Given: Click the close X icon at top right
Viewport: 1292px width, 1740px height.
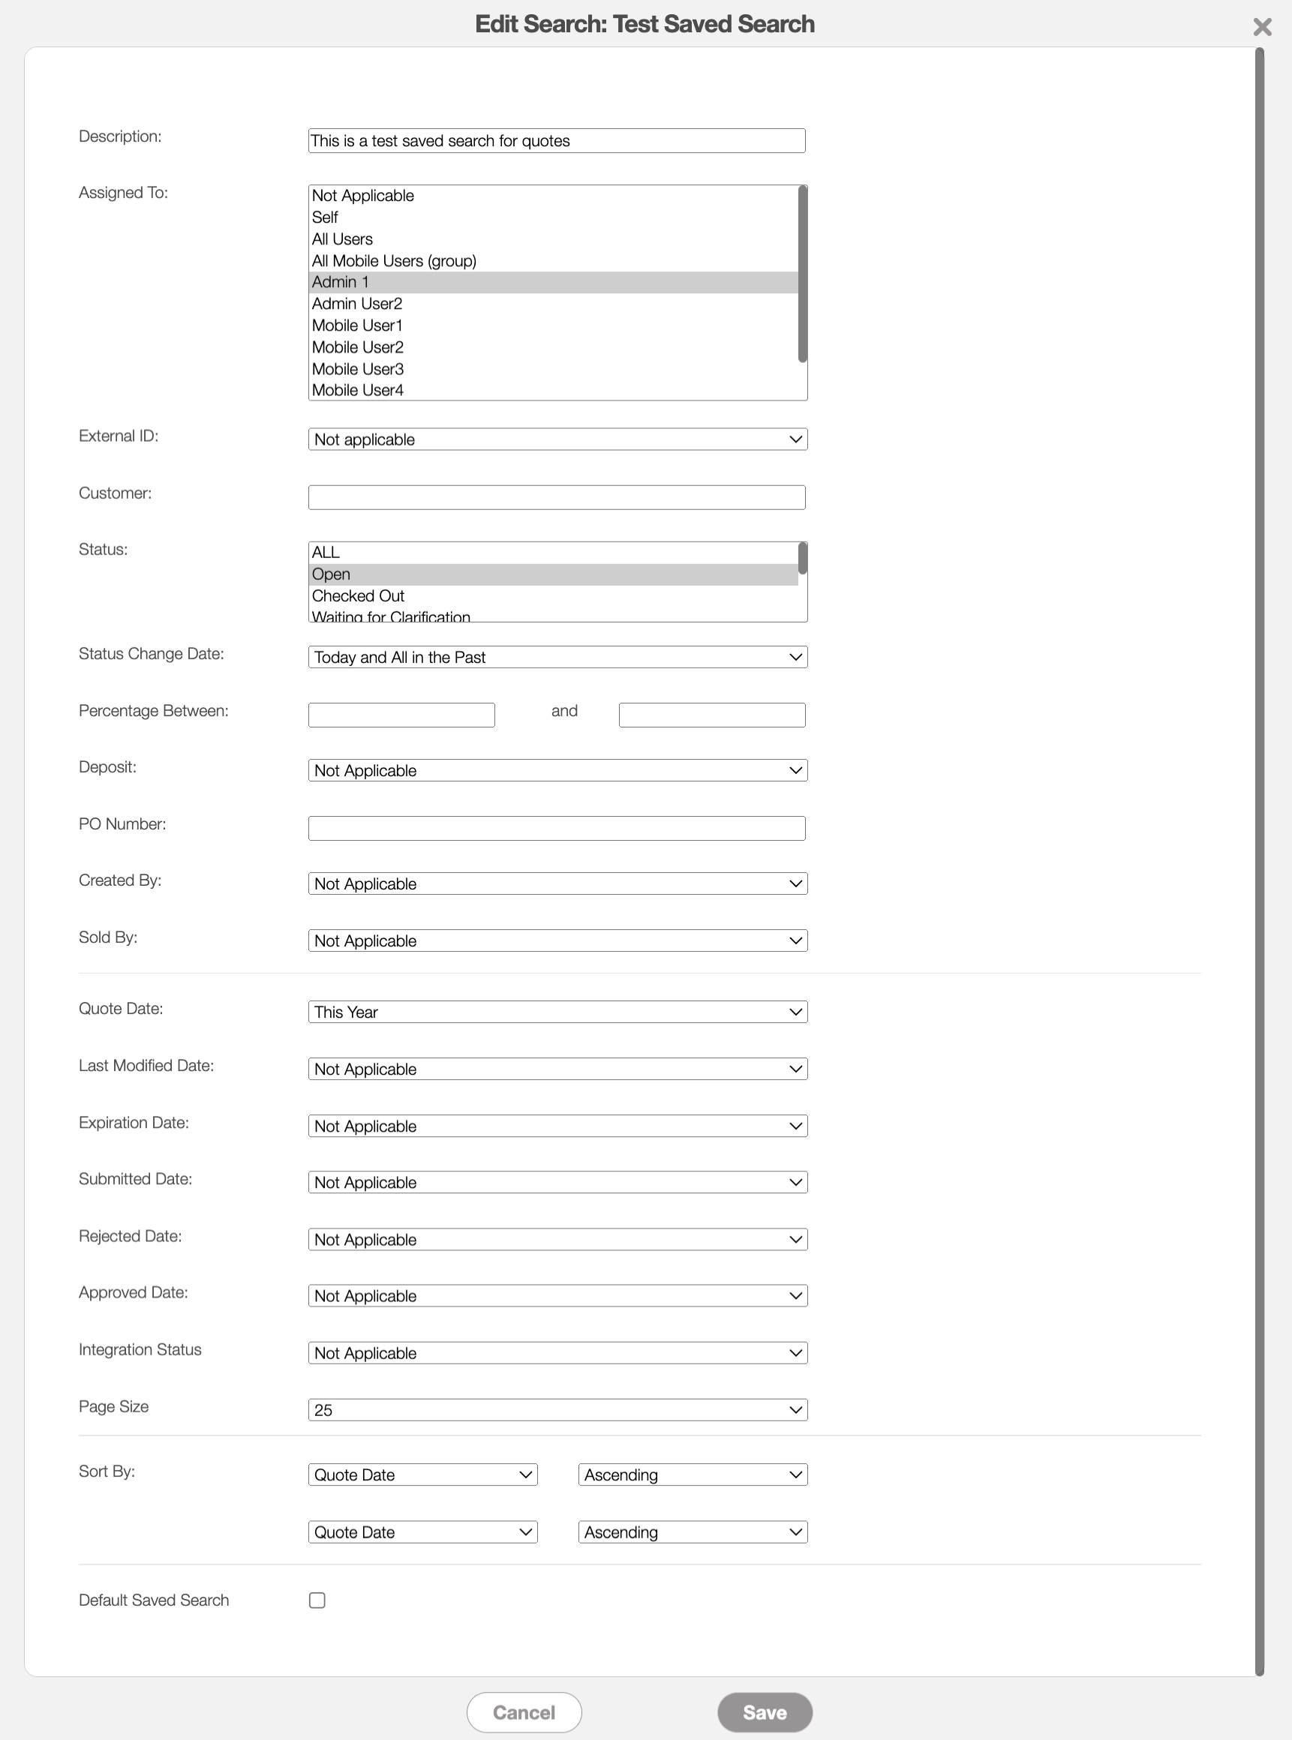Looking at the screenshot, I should (1261, 27).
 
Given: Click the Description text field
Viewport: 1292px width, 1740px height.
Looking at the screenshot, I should (556, 141).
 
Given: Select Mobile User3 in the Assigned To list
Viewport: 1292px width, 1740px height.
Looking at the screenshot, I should (358, 369).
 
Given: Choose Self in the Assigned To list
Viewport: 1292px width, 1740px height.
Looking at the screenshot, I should (326, 217).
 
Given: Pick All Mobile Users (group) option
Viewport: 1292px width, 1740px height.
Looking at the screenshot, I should (394, 261).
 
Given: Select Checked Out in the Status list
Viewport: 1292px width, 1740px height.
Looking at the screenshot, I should (358, 595).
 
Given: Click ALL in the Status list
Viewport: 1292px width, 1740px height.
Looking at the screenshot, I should (326, 552).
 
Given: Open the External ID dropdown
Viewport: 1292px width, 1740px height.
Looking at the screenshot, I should (557, 439).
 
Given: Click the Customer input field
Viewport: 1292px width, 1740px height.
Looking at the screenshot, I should (556, 497).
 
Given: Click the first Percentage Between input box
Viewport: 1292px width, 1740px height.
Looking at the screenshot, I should (401, 715).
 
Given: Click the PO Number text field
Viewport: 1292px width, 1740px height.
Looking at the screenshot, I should (556, 828).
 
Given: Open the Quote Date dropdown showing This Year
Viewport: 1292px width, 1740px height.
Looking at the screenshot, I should (557, 1012).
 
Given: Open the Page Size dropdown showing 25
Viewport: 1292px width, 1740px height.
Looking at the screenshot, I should (557, 1410).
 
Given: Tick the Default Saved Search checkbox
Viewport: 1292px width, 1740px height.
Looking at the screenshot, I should (317, 1600).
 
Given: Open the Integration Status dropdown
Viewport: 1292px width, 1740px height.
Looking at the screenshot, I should (557, 1353).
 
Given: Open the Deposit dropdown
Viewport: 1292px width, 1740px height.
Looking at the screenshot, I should (557, 771).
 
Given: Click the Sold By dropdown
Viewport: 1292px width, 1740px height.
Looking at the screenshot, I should (557, 941).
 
